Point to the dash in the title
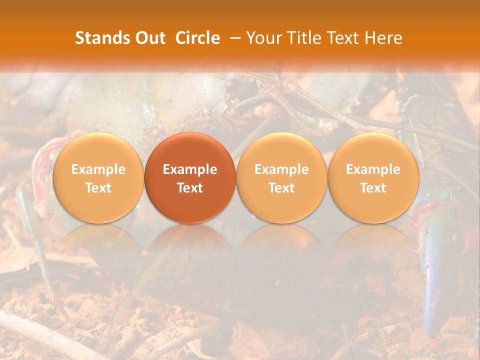tap(233, 38)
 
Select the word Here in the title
tap(383, 38)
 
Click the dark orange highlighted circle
tap(190, 177)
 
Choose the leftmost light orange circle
tap(98, 177)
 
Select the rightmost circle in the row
tap(373, 177)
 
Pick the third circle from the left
tap(281, 177)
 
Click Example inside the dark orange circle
tap(190, 169)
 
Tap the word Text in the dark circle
tap(190, 188)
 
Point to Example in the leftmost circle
tap(98, 169)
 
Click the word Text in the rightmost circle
tap(373, 188)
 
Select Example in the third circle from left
tap(281, 169)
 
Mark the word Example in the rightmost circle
tap(373, 169)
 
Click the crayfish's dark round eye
tap(232, 85)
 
